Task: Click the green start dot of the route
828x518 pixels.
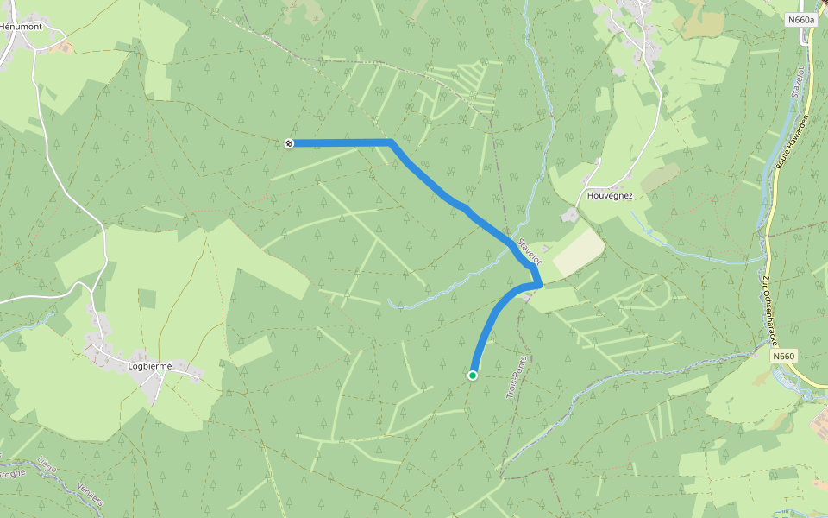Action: [473, 375]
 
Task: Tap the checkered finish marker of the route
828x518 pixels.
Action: [289, 143]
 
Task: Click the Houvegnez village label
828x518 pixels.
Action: [610, 195]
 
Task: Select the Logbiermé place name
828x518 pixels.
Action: [150, 365]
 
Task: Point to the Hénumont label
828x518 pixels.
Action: [22, 27]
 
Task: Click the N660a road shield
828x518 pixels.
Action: [800, 19]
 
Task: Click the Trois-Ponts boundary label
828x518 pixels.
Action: [515, 377]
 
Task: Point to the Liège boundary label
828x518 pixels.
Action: [47, 468]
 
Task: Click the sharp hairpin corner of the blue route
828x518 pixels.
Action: [539, 284]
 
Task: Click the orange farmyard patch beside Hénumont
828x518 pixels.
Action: [63, 45]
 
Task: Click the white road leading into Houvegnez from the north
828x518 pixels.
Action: [661, 104]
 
